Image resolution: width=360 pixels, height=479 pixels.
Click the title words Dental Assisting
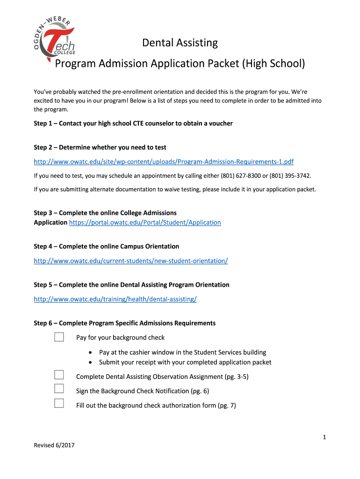pos(180,43)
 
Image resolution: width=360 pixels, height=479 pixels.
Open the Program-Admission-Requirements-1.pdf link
pos(164,162)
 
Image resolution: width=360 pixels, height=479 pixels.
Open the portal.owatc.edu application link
pos(145,223)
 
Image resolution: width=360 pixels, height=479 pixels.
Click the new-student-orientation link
pos(130,261)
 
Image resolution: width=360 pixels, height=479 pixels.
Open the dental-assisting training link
pos(115,299)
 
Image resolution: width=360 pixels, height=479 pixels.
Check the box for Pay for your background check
pos(59,337)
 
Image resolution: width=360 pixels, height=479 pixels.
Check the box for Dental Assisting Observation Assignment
pos(59,374)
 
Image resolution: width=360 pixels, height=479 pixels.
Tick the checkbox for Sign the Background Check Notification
pos(59,388)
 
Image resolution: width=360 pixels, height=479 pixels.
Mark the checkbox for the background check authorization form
pos(59,403)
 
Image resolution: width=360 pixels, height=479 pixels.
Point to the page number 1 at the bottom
pos(324,437)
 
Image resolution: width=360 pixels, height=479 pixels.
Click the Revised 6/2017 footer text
pos(54,445)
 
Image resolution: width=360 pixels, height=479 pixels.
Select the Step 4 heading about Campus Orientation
pos(106,247)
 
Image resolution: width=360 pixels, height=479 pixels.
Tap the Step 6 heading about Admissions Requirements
pos(124,323)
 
